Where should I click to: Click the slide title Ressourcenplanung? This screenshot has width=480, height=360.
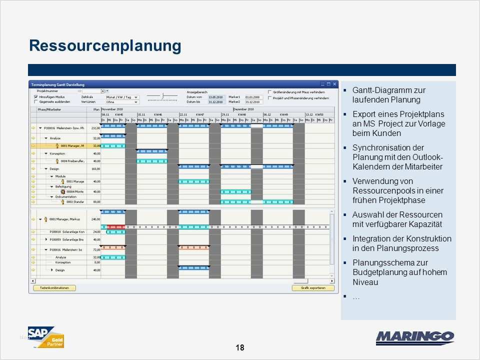[x=105, y=45]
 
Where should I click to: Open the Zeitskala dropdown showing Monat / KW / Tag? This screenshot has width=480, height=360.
[x=135, y=96]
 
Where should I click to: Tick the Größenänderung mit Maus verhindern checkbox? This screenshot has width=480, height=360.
[x=270, y=92]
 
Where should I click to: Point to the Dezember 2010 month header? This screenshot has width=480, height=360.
[x=243, y=108]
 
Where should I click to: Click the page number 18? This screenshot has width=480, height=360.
[x=239, y=347]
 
